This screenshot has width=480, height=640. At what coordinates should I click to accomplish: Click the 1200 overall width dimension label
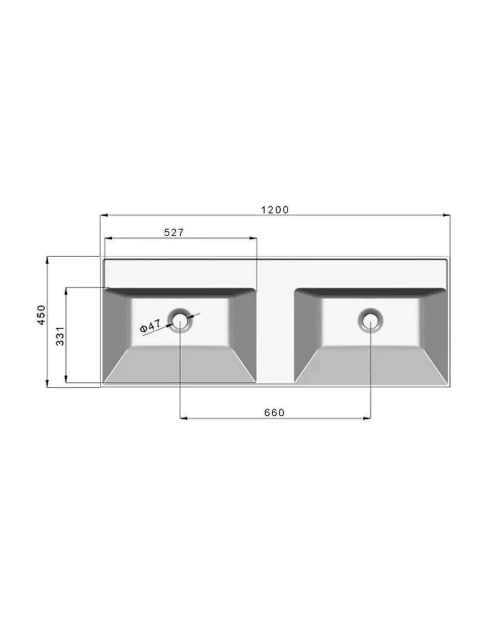[x=274, y=210]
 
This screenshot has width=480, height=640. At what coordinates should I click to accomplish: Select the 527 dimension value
[x=174, y=232]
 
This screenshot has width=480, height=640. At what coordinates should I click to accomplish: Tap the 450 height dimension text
[x=42, y=314]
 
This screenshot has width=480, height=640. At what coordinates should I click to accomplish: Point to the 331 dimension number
[x=60, y=335]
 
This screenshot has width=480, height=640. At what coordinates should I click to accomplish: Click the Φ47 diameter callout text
[x=150, y=326]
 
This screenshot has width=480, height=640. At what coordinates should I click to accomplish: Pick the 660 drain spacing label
[x=274, y=413]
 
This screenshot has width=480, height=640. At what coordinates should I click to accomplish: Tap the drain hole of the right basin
[x=370, y=319]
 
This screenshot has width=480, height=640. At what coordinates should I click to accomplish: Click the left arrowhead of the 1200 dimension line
[x=104, y=214]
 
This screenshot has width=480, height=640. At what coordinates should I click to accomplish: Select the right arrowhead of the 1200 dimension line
[x=446, y=214]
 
